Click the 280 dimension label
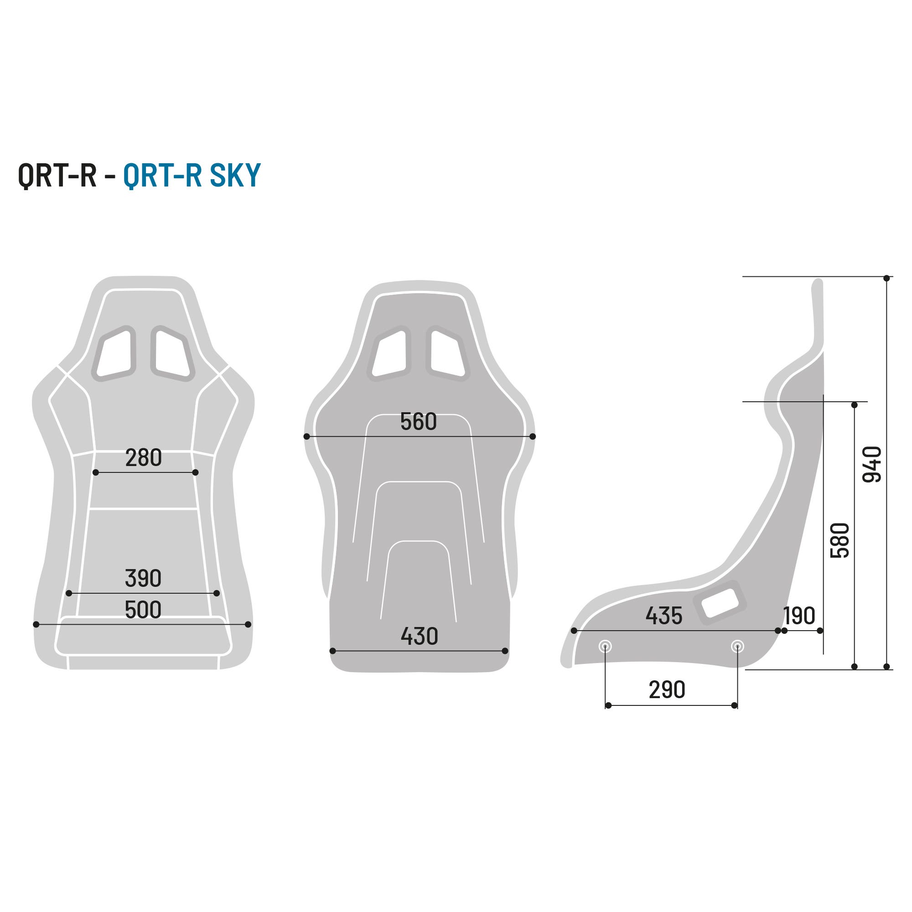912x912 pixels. (x=144, y=458)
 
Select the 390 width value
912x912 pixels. (x=143, y=578)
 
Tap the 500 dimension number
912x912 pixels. (x=143, y=610)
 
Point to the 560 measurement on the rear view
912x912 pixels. (x=418, y=421)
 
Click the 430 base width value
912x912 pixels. (x=419, y=636)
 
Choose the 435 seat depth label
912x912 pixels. (x=663, y=616)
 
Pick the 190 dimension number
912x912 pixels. (x=799, y=616)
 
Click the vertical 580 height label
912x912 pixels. (x=840, y=540)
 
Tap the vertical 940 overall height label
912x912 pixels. (x=872, y=465)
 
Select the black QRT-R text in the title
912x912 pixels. (x=57, y=176)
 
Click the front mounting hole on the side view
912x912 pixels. (x=605, y=646)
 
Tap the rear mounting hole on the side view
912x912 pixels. (x=737, y=646)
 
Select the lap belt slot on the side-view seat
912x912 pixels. (x=720, y=602)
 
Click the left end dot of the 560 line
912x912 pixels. (x=307, y=437)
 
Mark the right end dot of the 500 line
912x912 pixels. (x=249, y=625)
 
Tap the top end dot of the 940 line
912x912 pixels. (x=886, y=279)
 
